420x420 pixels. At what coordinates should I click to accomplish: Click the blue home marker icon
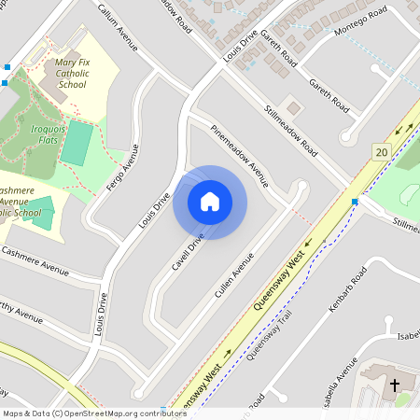pos(210,202)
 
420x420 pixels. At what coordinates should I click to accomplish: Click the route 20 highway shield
pos(380,151)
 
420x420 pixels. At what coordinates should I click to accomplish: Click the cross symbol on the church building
pos(394,385)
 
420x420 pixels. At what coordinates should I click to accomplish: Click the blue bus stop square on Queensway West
pos(355,202)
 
